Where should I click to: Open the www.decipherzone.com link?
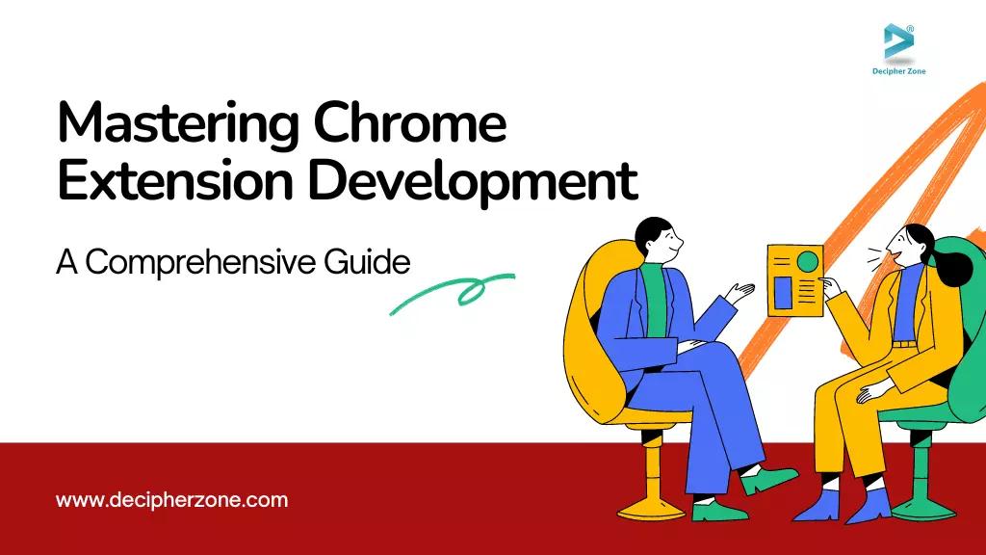point(172,500)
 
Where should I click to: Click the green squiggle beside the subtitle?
point(453,292)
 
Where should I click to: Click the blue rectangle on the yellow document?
point(783,291)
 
